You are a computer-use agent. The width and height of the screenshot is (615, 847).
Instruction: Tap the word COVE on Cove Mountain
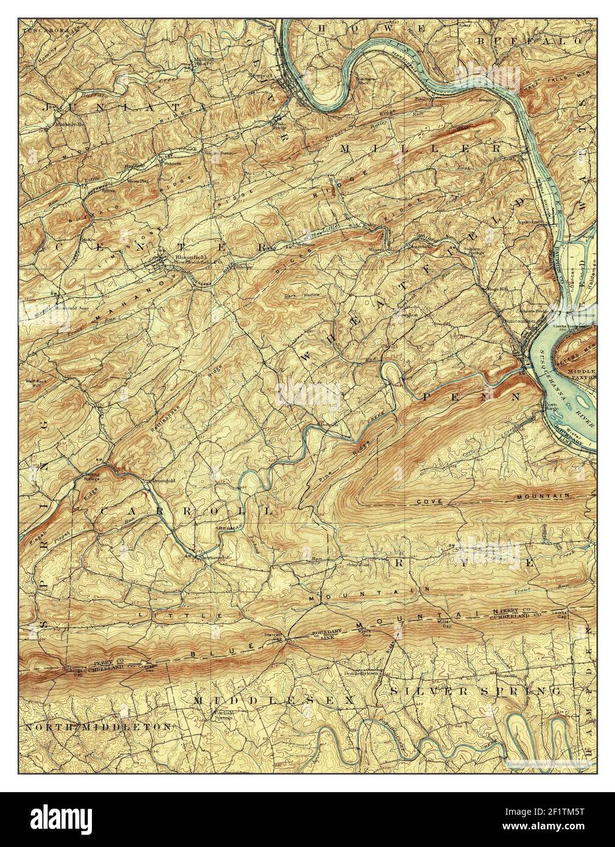pos(429,501)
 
